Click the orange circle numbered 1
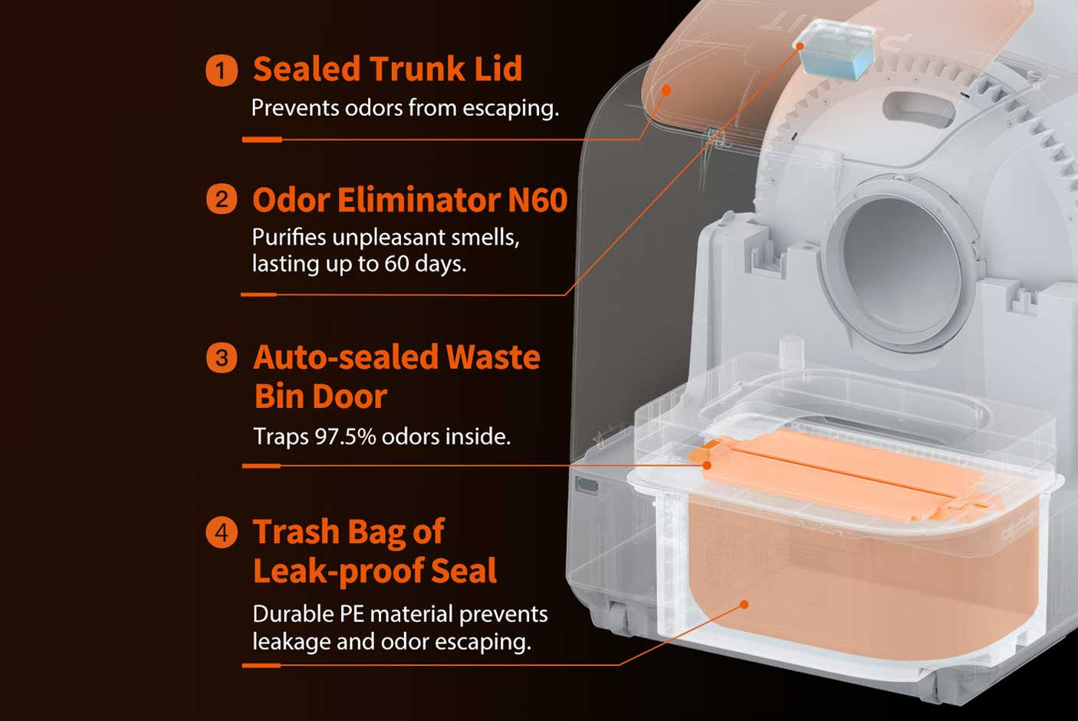point(222,71)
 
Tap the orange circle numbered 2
point(222,199)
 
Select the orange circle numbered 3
point(222,357)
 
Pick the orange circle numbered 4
point(222,532)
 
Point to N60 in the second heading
point(537,199)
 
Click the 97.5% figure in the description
point(345,436)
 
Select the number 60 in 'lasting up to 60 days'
point(396,264)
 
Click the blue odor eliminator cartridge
point(836,50)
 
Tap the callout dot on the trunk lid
point(666,90)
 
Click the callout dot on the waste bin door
point(706,465)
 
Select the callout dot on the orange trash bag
point(744,604)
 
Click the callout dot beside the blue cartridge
point(800,46)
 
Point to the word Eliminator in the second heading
point(419,199)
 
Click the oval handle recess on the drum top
point(919,109)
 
